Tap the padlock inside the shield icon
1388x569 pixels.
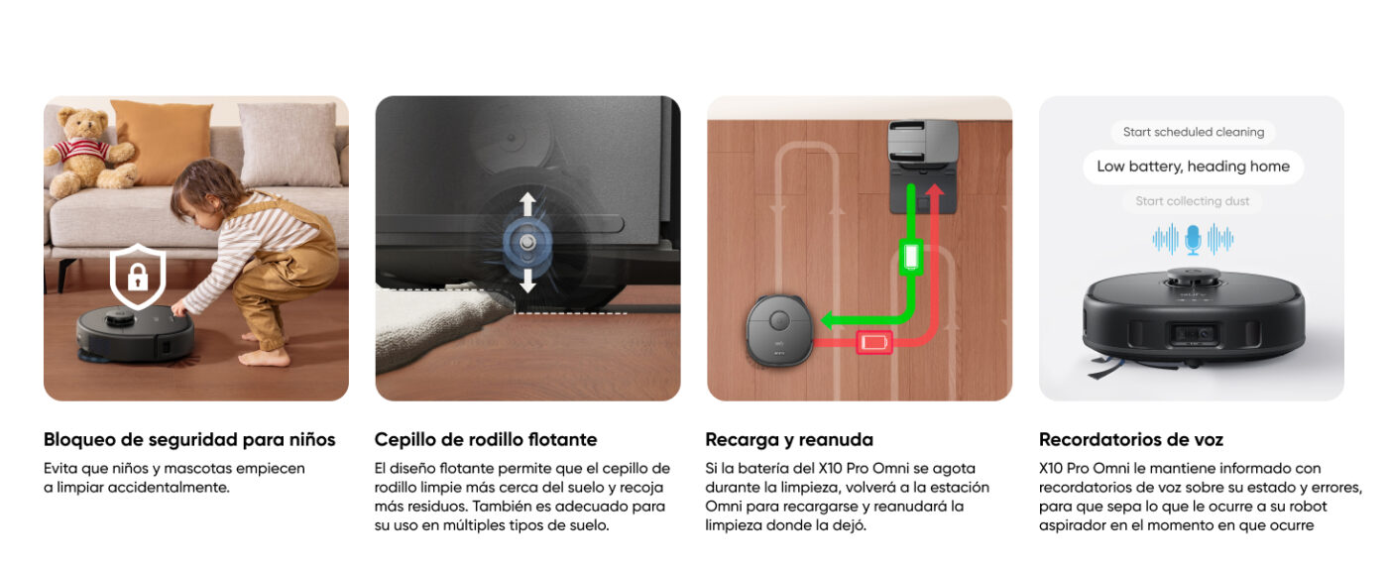[x=138, y=277]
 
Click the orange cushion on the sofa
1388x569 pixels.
[x=163, y=142]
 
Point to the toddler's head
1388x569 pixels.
[x=201, y=188]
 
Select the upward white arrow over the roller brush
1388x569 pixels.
[x=527, y=204]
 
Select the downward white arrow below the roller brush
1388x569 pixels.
[x=527, y=281]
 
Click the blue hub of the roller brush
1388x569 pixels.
[x=527, y=243]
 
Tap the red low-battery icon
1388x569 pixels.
[x=874, y=342]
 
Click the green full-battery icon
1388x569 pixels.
[x=911, y=257]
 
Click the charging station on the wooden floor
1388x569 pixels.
[x=923, y=167]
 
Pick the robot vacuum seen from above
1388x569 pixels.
[x=779, y=330]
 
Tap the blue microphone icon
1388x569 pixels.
[x=1193, y=240]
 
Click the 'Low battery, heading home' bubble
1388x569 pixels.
[x=1194, y=167]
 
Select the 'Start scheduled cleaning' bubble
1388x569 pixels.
[x=1194, y=132]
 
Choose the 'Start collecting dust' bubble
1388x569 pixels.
[x=1192, y=201]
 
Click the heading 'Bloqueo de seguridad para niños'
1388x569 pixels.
[x=189, y=439]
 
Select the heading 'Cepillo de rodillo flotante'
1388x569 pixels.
[x=486, y=439]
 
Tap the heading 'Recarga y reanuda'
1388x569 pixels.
[x=789, y=439]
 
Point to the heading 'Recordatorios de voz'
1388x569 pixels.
[x=1131, y=439]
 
